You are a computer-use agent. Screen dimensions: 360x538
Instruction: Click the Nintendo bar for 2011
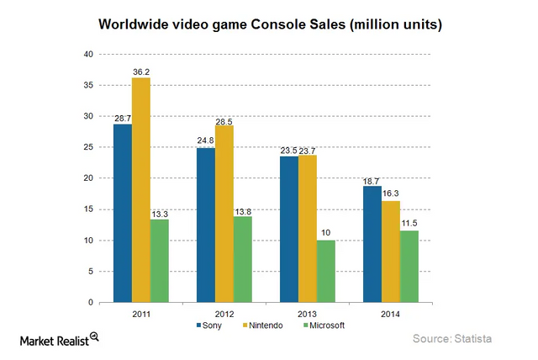click(141, 190)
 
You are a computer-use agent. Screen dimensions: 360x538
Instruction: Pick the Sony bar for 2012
click(206, 225)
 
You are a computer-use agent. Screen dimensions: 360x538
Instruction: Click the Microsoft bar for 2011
click(160, 261)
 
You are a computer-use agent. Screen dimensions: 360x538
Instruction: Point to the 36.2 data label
click(141, 71)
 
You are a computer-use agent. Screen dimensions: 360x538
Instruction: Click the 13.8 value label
click(244, 210)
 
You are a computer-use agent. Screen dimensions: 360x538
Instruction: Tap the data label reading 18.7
click(371, 181)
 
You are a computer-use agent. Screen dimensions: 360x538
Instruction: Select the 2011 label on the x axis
click(141, 312)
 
